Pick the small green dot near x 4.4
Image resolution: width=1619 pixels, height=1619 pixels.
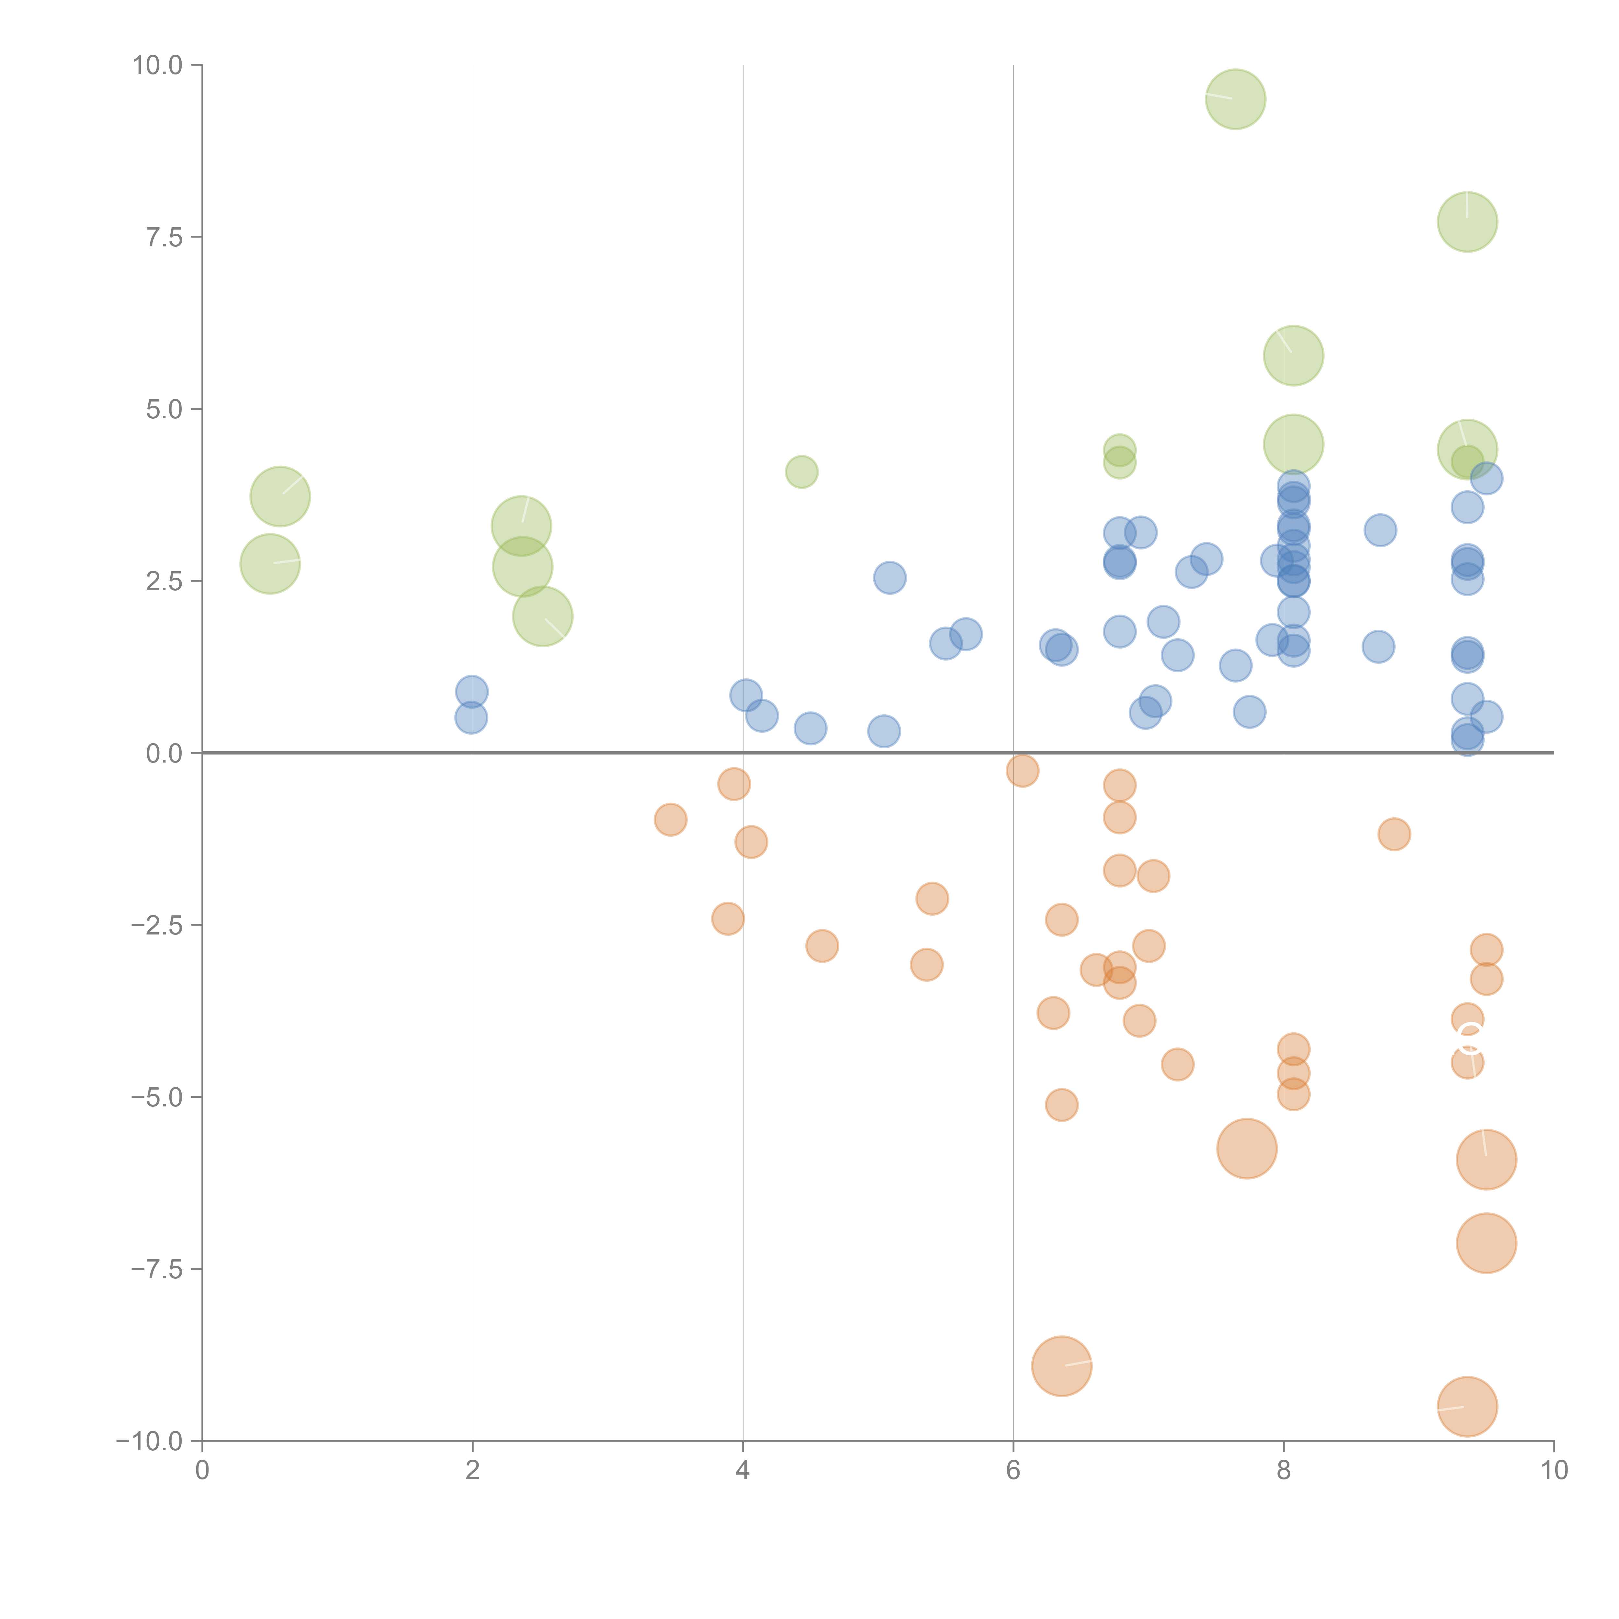coord(801,472)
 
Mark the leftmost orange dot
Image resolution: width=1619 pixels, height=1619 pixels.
coord(670,820)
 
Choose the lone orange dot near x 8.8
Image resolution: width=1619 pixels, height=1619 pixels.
coord(1394,834)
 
